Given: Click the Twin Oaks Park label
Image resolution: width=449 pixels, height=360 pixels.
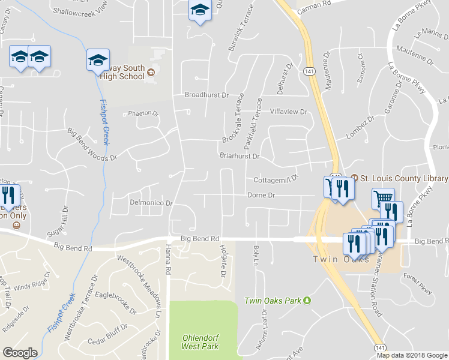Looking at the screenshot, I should coord(273,300).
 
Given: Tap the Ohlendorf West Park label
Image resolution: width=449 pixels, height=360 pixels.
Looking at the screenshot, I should coord(200,341).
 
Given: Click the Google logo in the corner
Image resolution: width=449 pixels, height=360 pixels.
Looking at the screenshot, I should coord(20,353).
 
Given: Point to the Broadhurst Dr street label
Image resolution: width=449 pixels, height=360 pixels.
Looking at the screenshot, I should coord(207,95).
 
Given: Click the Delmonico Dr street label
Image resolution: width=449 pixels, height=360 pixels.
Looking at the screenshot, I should coord(151,203).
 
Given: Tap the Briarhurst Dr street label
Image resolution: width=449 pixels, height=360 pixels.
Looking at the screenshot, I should coord(239,156).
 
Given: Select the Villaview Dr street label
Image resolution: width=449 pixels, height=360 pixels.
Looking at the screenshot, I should coord(288,112).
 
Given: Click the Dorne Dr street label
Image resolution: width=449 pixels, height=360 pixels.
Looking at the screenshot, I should coord(261,195).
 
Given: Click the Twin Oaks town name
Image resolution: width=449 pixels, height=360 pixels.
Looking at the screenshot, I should coord(334,259).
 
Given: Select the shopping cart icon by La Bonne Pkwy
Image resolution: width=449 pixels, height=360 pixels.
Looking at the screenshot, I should coord(383,197).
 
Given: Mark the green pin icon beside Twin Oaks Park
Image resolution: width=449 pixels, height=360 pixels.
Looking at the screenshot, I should coord(307,300).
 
